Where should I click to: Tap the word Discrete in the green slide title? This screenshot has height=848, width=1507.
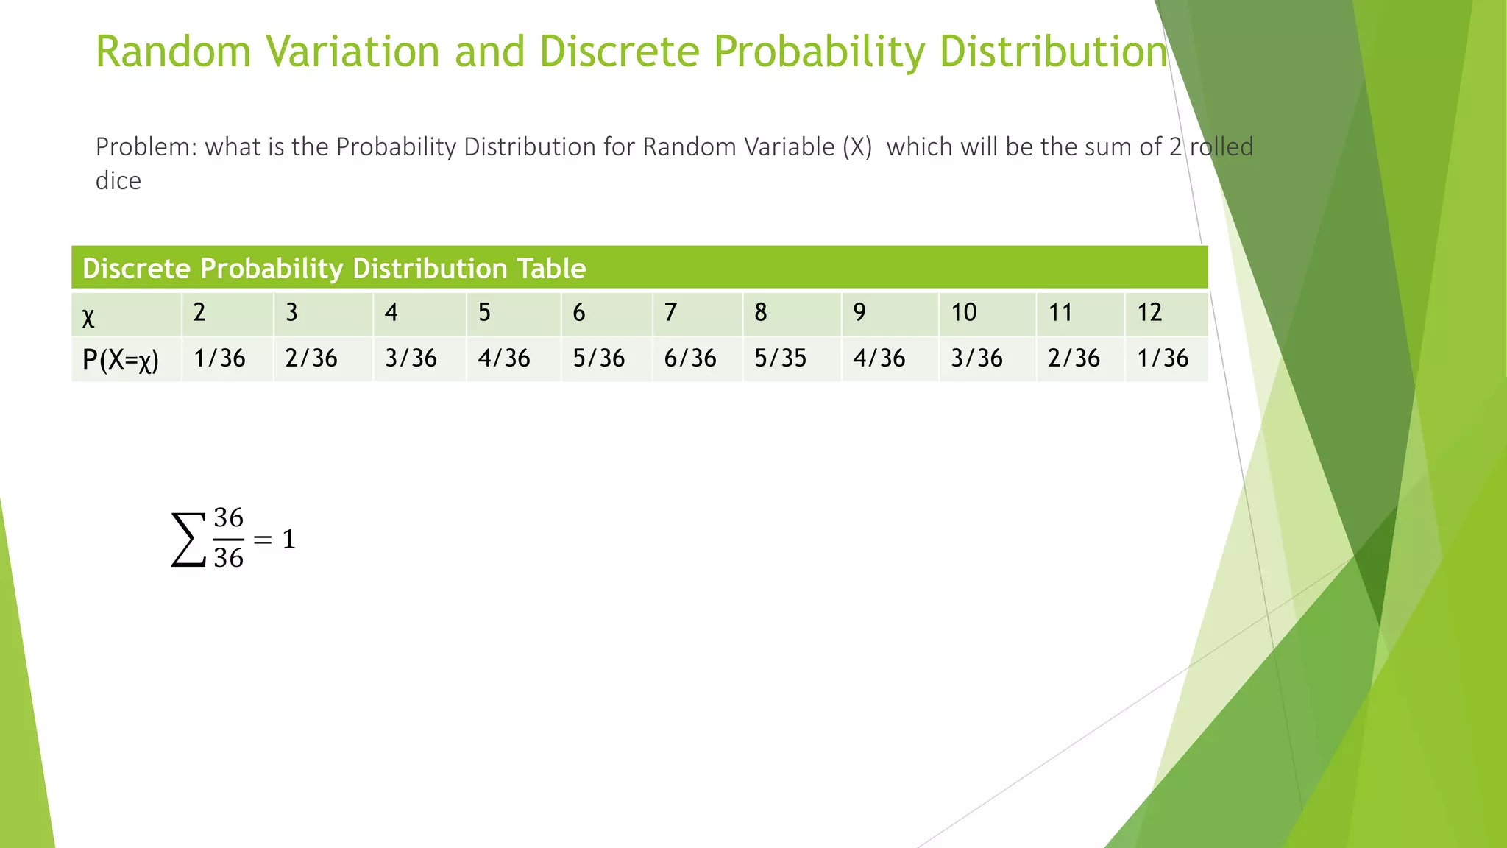point(619,52)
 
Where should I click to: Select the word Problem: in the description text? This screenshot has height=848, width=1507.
point(146,147)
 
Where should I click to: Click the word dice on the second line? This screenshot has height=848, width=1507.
point(118,181)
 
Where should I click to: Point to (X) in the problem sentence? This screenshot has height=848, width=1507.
point(857,147)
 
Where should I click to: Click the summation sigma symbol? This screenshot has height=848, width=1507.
point(188,540)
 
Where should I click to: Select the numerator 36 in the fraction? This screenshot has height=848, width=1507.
point(228,518)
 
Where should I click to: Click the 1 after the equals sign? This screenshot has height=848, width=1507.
point(289,540)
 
